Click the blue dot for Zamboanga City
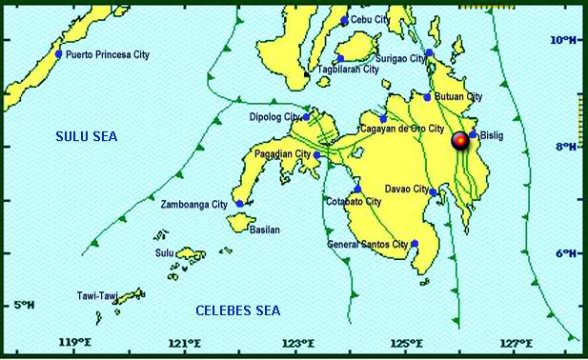click(240, 204)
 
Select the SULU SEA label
click(85, 137)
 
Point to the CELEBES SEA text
click(238, 311)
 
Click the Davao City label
click(407, 189)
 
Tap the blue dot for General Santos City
click(415, 244)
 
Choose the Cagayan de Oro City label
click(401, 128)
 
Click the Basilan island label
click(267, 230)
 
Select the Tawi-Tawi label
click(97, 297)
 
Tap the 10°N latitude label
click(563, 40)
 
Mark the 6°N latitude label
click(563, 253)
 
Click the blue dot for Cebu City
click(345, 20)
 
